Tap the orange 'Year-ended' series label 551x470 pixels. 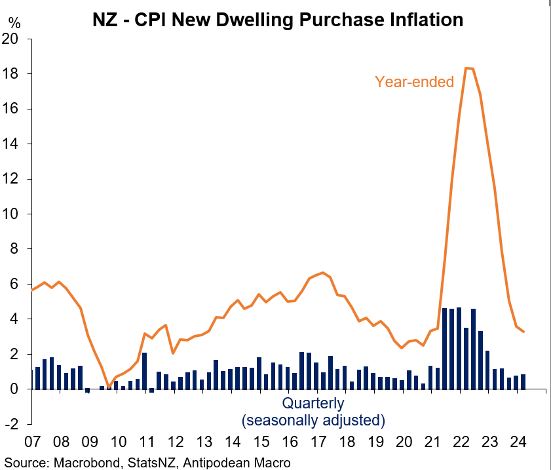pos(414,82)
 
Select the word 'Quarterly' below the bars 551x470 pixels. pos(313,403)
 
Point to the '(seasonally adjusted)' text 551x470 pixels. pos(313,420)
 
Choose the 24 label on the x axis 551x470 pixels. pos(516,440)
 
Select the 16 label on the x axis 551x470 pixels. pos(288,440)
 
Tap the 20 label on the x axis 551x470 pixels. pos(402,440)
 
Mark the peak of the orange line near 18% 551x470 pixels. pos(467,68)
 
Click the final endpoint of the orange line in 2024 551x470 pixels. pos(523,332)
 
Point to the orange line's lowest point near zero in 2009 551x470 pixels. pos(109,387)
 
